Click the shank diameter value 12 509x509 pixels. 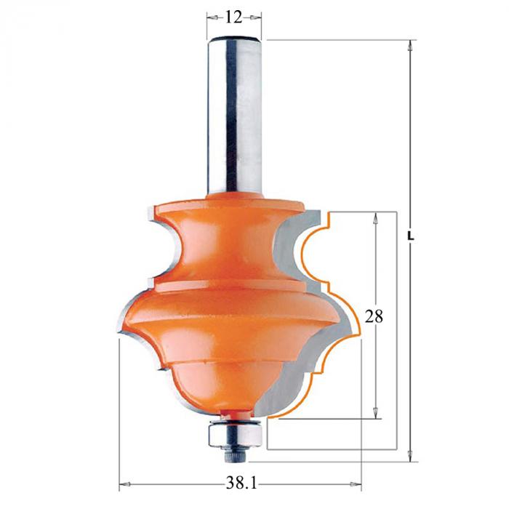tap(233, 17)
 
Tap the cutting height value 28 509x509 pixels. tap(374, 316)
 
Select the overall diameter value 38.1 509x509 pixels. tap(241, 484)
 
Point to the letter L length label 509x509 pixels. tap(411, 237)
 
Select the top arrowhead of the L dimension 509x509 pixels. tap(410, 45)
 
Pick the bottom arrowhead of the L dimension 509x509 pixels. tap(410, 456)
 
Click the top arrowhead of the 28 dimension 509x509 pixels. tap(376, 218)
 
